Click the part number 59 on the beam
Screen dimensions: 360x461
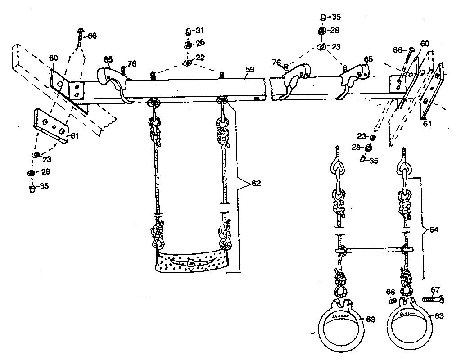[250, 70]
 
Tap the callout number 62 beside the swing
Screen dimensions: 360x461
[256, 183]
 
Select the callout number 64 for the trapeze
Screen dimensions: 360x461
[434, 229]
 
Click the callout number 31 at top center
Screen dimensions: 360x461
[200, 31]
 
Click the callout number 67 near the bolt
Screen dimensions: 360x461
[435, 289]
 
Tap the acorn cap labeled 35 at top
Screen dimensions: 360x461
[323, 18]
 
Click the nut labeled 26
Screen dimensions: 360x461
[188, 45]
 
